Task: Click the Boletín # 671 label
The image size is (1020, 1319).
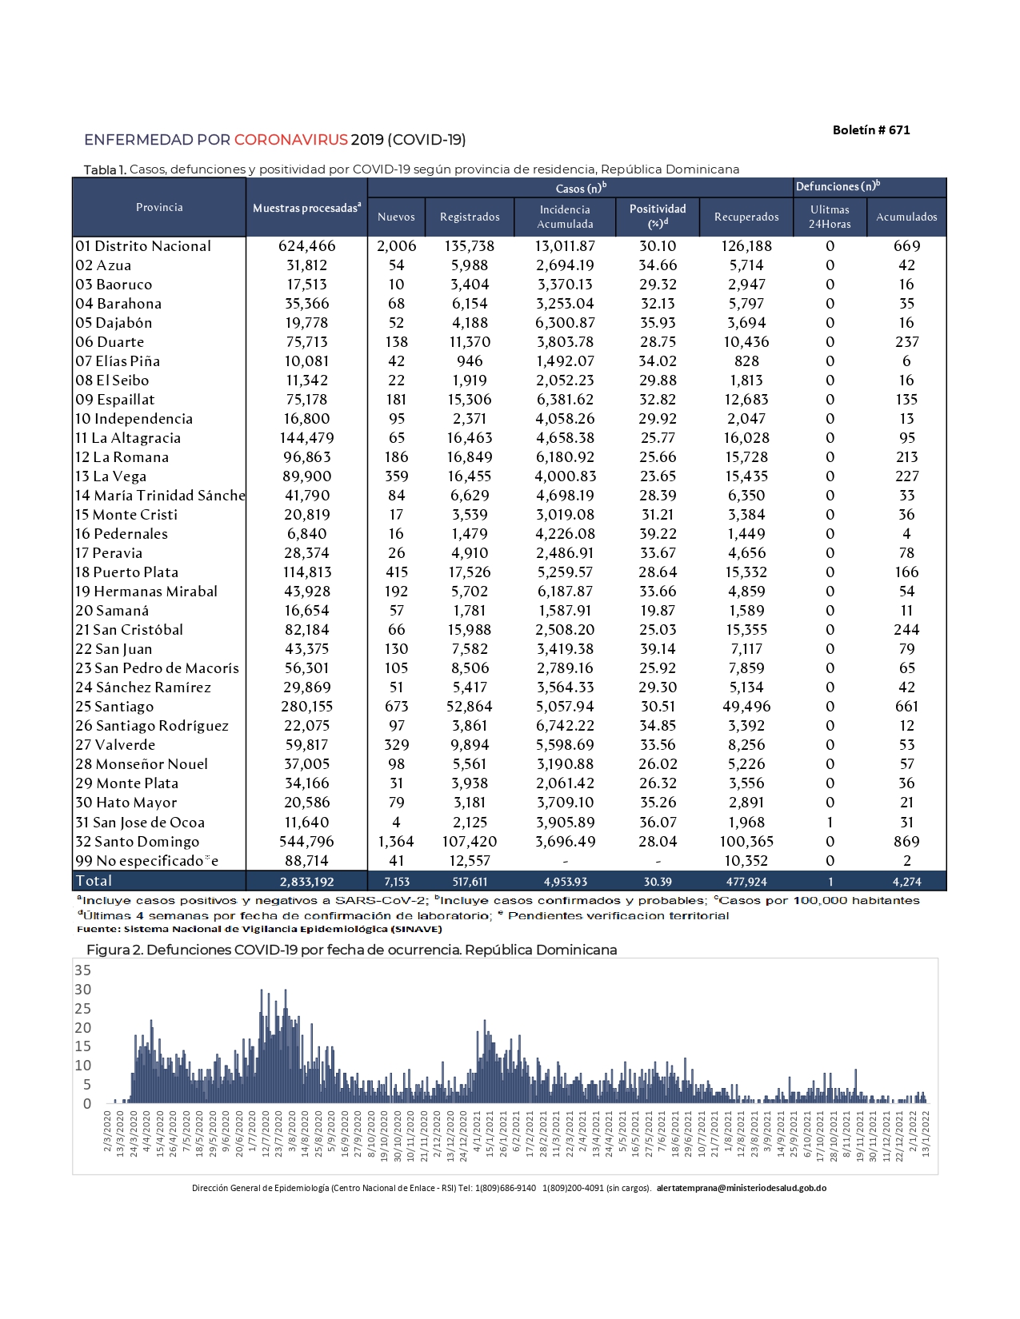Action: [x=870, y=130]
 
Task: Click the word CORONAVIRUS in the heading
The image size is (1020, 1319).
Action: [x=290, y=140]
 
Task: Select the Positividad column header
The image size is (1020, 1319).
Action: [x=658, y=216]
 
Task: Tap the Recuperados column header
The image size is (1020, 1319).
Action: [x=746, y=217]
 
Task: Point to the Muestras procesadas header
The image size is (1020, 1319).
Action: [x=306, y=208]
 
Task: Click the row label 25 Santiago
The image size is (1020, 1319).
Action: [x=114, y=707]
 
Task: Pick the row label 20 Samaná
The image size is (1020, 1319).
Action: [x=112, y=611]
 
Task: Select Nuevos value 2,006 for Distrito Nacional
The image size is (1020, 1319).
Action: [x=396, y=246]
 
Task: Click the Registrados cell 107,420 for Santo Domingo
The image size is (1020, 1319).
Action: [x=470, y=842]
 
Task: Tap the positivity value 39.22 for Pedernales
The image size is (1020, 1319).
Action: [x=658, y=534]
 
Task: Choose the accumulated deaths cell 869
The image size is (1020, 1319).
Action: [x=906, y=842]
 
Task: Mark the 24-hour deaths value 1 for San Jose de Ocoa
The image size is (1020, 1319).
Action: [x=830, y=823]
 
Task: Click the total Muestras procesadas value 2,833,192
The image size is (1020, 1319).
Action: [x=306, y=882]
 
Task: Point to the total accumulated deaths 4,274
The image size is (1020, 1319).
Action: [x=906, y=882]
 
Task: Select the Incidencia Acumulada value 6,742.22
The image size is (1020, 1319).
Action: [x=565, y=726]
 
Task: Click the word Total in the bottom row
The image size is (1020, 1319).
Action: [x=94, y=881]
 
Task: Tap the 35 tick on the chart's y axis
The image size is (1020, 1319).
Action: [x=82, y=970]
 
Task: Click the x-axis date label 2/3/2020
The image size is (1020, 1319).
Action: [x=108, y=1131]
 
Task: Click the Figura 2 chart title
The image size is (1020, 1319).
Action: [x=351, y=950]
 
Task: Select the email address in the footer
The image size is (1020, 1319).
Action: [x=741, y=1188]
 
